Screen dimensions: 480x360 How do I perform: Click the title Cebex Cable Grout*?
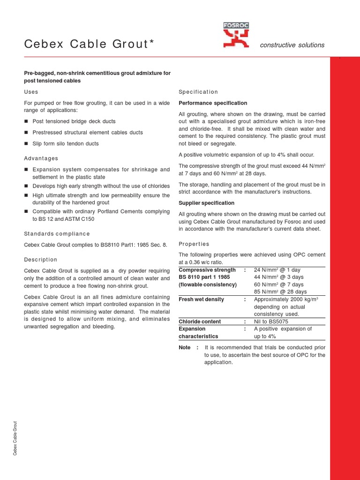tap(89, 44)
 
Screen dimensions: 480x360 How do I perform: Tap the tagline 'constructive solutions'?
tap(292, 45)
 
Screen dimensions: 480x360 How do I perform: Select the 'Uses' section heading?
tap(31, 92)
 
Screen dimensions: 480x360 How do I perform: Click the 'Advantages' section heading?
tap(41, 158)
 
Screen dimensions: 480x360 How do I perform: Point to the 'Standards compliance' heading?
tap(57, 233)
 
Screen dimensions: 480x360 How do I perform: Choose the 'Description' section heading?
tap(40, 260)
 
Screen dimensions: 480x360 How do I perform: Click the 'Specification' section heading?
tap(198, 92)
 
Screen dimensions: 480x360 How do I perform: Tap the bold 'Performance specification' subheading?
tap(213, 103)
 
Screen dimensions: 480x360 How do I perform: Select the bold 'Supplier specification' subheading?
tap(207, 203)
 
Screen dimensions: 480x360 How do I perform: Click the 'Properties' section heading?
tap(194, 244)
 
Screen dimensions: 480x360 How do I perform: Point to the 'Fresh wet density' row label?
tap(202, 300)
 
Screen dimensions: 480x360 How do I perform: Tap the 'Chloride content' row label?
tap(200, 322)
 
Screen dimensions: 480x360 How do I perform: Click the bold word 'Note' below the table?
tap(185, 347)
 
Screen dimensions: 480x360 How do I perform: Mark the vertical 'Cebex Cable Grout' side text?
tap(15, 438)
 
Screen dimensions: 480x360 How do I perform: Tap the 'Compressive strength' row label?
tap(207, 270)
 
